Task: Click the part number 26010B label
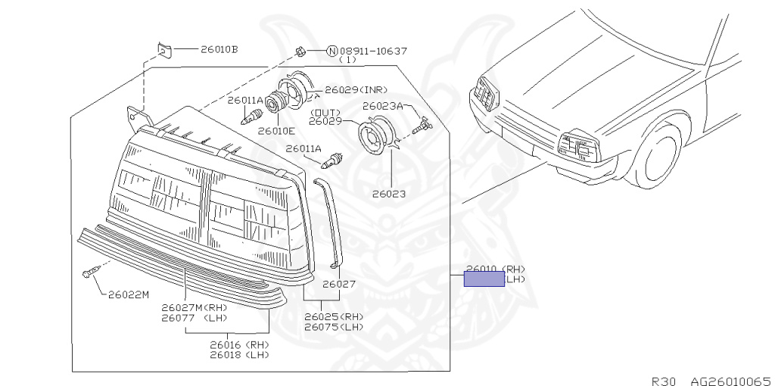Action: click(x=219, y=50)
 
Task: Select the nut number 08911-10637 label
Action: click(x=373, y=51)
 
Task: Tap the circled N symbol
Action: click(x=331, y=51)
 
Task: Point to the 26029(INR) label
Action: click(x=356, y=89)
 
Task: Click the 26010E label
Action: click(x=275, y=130)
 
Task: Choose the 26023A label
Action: click(x=382, y=106)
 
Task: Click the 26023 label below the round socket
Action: click(x=388, y=194)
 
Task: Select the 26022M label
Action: click(x=128, y=294)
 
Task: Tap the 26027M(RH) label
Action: click(x=194, y=307)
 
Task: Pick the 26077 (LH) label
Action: click(x=194, y=318)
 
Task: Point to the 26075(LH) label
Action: click(x=333, y=327)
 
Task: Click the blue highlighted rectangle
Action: click(x=484, y=279)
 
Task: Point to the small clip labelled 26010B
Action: click(x=164, y=51)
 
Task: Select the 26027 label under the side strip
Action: click(x=338, y=285)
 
